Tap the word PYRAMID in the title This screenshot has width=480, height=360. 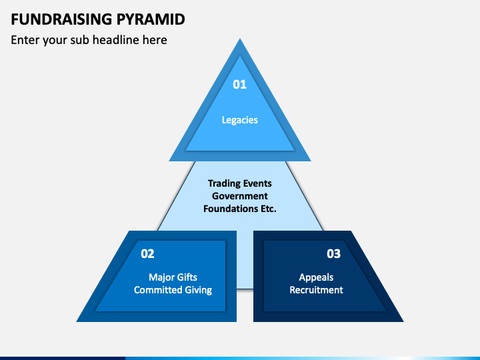coord(151,19)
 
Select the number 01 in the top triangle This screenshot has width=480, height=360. coord(240,85)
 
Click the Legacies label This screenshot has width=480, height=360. coord(240,120)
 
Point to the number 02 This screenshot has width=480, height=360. coord(147,254)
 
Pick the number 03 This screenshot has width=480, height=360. coord(334,254)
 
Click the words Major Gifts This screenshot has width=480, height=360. coord(173,277)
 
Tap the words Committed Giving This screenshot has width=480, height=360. coord(173,290)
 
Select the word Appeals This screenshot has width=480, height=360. coord(316,277)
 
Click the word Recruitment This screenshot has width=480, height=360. coord(316,290)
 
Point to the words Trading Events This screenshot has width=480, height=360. coord(240,183)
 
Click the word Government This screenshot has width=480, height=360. coord(240,196)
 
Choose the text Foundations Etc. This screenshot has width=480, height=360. coord(240,209)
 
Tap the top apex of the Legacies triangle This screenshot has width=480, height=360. coord(240,39)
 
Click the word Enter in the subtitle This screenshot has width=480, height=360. coord(25,40)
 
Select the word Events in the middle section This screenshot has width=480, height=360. coord(257,183)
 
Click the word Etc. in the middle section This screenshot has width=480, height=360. coord(269,209)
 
